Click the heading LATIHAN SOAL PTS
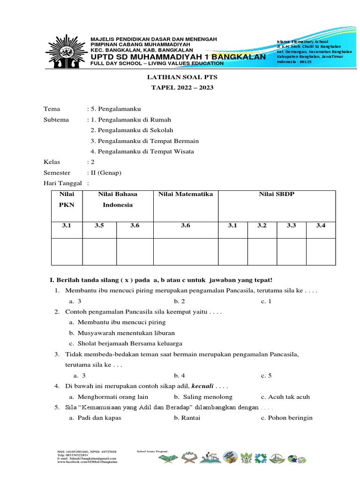pyautogui.click(x=180, y=77)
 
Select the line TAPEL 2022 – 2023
pyautogui.click(x=180, y=88)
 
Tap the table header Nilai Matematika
pyautogui.click(x=186, y=194)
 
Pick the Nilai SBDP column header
pyautogui.click(x=277, y=194)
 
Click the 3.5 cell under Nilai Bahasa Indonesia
pyautogui.click(x=99, y=226)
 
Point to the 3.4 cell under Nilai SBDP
pyautogui.click(x=321, y=226)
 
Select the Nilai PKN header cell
pyautogui.click(x=66, y=199)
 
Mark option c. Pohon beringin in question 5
pyautogui.click(x=286, y=418)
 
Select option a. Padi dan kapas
pyautogui.click(x=95, y=418)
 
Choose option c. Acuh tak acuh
pyautogui.click(x=285, y=397)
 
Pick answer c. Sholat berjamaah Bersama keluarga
pyautogui.click(x=126, y=344)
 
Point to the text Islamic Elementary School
pyautogui.click(x=302, y=42)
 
